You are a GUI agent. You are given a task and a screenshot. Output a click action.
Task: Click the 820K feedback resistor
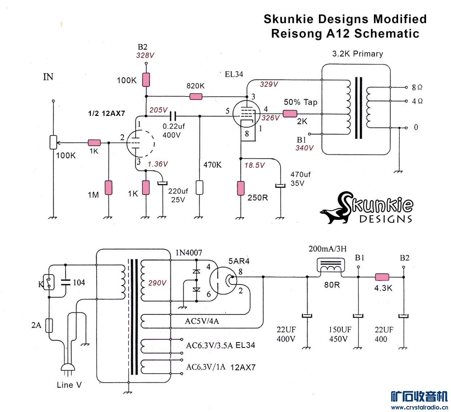[x=196, y=97]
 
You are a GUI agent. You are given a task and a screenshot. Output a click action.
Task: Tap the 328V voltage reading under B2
[x=145, y=55]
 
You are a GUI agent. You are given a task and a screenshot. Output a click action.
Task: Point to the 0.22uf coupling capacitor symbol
[x=173, y=116]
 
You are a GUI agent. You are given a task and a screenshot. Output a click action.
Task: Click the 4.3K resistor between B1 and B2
[x=382, y=277]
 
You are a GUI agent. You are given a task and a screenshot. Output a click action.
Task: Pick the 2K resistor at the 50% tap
[x=290, y=114]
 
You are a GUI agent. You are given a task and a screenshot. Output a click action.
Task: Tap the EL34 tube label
[x=234, y=74]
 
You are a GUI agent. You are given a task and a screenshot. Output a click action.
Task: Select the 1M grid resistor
[x=108, y=188]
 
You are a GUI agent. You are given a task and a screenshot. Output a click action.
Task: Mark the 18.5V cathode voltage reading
[x=255, y=165]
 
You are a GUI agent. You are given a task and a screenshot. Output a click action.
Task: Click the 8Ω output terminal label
[x=417, y=87]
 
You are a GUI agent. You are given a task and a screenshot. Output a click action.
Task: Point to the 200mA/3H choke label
[x=327, y=249]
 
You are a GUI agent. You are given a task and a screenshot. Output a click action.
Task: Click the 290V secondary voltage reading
[x=157, y=283]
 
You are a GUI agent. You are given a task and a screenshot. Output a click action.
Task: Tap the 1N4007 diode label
[x=189, y=253]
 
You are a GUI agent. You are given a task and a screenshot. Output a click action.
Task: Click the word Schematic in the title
[x=387, y=33]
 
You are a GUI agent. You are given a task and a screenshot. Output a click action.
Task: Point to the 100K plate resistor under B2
[x=146, y=80]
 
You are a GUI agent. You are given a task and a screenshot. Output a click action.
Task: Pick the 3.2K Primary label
[x=358, y=54]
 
